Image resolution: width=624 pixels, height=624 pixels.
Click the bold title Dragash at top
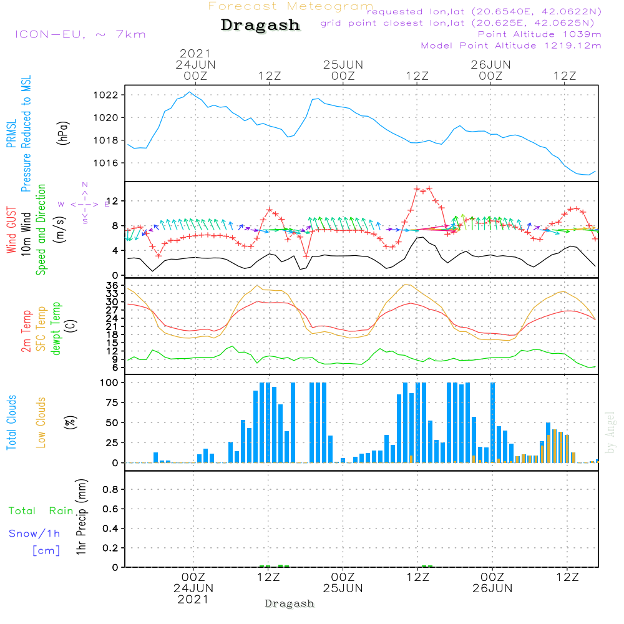[260, 26]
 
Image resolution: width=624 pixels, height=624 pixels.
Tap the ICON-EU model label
[80, 34]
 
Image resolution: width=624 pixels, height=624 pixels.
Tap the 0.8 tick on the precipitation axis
[111, 490]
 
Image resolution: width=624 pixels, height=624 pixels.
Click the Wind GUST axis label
[12, 231]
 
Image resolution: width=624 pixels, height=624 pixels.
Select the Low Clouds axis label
[42, 422]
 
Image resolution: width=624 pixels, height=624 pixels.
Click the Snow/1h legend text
[35, 534]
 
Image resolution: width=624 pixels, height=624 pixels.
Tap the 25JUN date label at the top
[343, 65]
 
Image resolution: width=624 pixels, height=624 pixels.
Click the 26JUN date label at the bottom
[492, 588]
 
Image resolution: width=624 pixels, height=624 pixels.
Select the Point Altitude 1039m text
[540, 34]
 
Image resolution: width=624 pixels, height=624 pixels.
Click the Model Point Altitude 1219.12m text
[511, 46]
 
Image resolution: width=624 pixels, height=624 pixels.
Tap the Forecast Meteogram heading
[291, 6]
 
